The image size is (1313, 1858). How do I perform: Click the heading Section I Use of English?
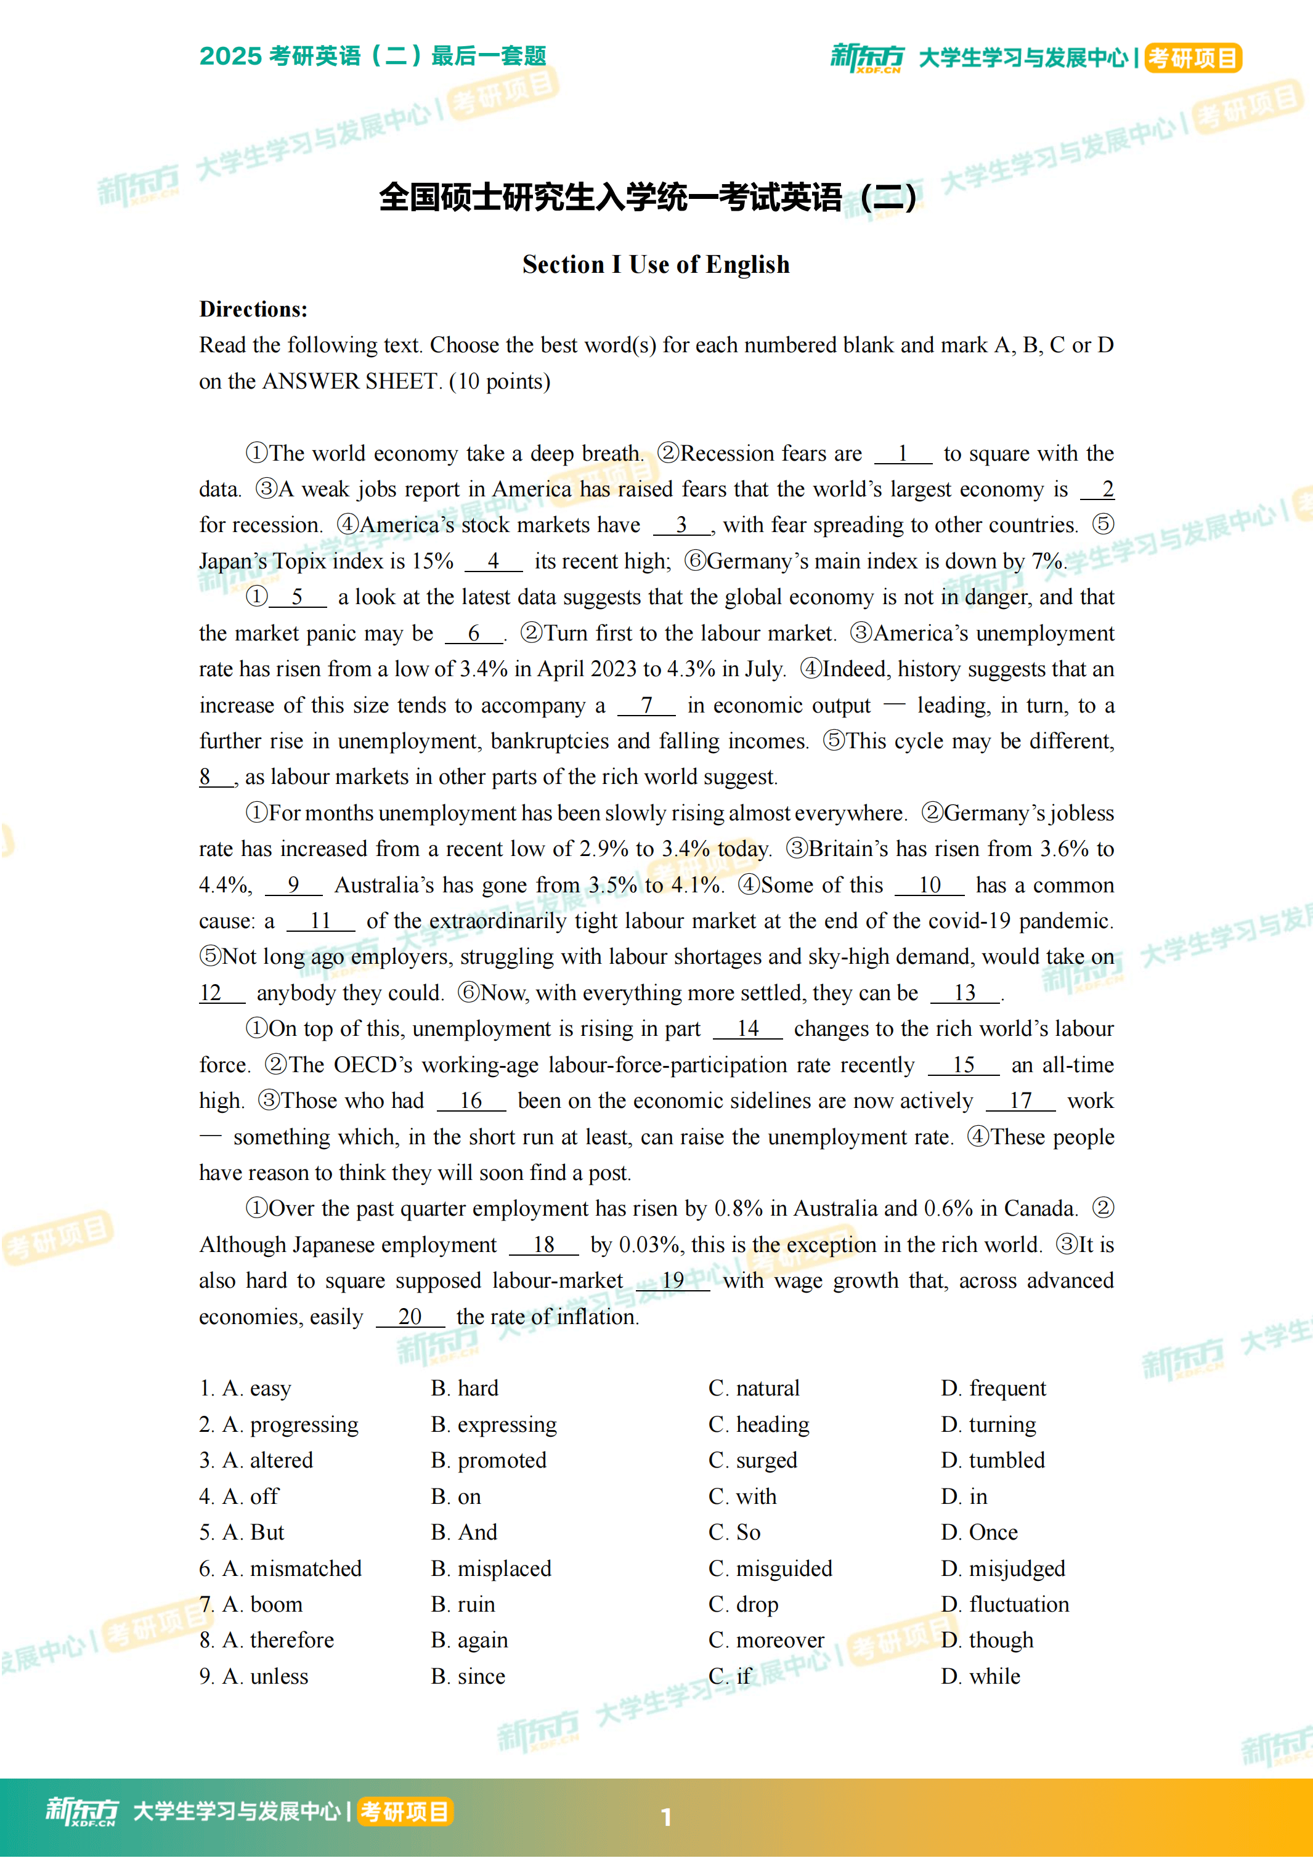656,265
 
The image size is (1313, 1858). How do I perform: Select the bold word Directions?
253,309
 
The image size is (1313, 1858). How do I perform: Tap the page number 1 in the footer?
666,1817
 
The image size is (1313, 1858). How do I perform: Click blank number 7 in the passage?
646,706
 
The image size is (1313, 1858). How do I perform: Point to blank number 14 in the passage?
747,1028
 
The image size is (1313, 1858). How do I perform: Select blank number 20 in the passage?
410,1317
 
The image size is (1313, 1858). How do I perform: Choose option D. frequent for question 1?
993,1389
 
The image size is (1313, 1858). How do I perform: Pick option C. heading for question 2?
758,1424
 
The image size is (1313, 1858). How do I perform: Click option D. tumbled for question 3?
993,1461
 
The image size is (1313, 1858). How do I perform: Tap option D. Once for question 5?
980,1533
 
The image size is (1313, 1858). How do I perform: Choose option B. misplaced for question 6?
490,1569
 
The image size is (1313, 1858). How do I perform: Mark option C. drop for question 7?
743,1605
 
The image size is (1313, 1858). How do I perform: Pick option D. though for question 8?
987,1641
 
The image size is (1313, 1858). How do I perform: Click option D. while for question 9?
980,1677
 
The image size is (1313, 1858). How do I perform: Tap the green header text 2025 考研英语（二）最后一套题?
372,56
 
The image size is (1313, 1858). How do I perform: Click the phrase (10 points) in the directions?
500,381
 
